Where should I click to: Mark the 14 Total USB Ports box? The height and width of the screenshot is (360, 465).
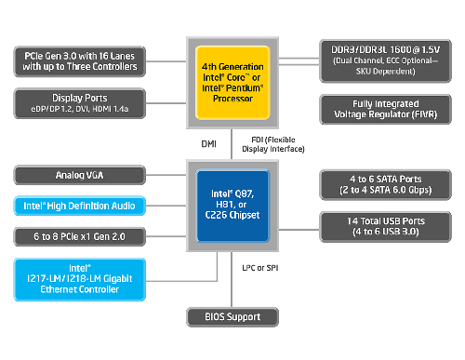pyautogui.click(x=383, y=226)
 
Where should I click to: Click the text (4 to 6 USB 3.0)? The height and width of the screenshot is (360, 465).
pyautogui.click(x=383, y=232)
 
